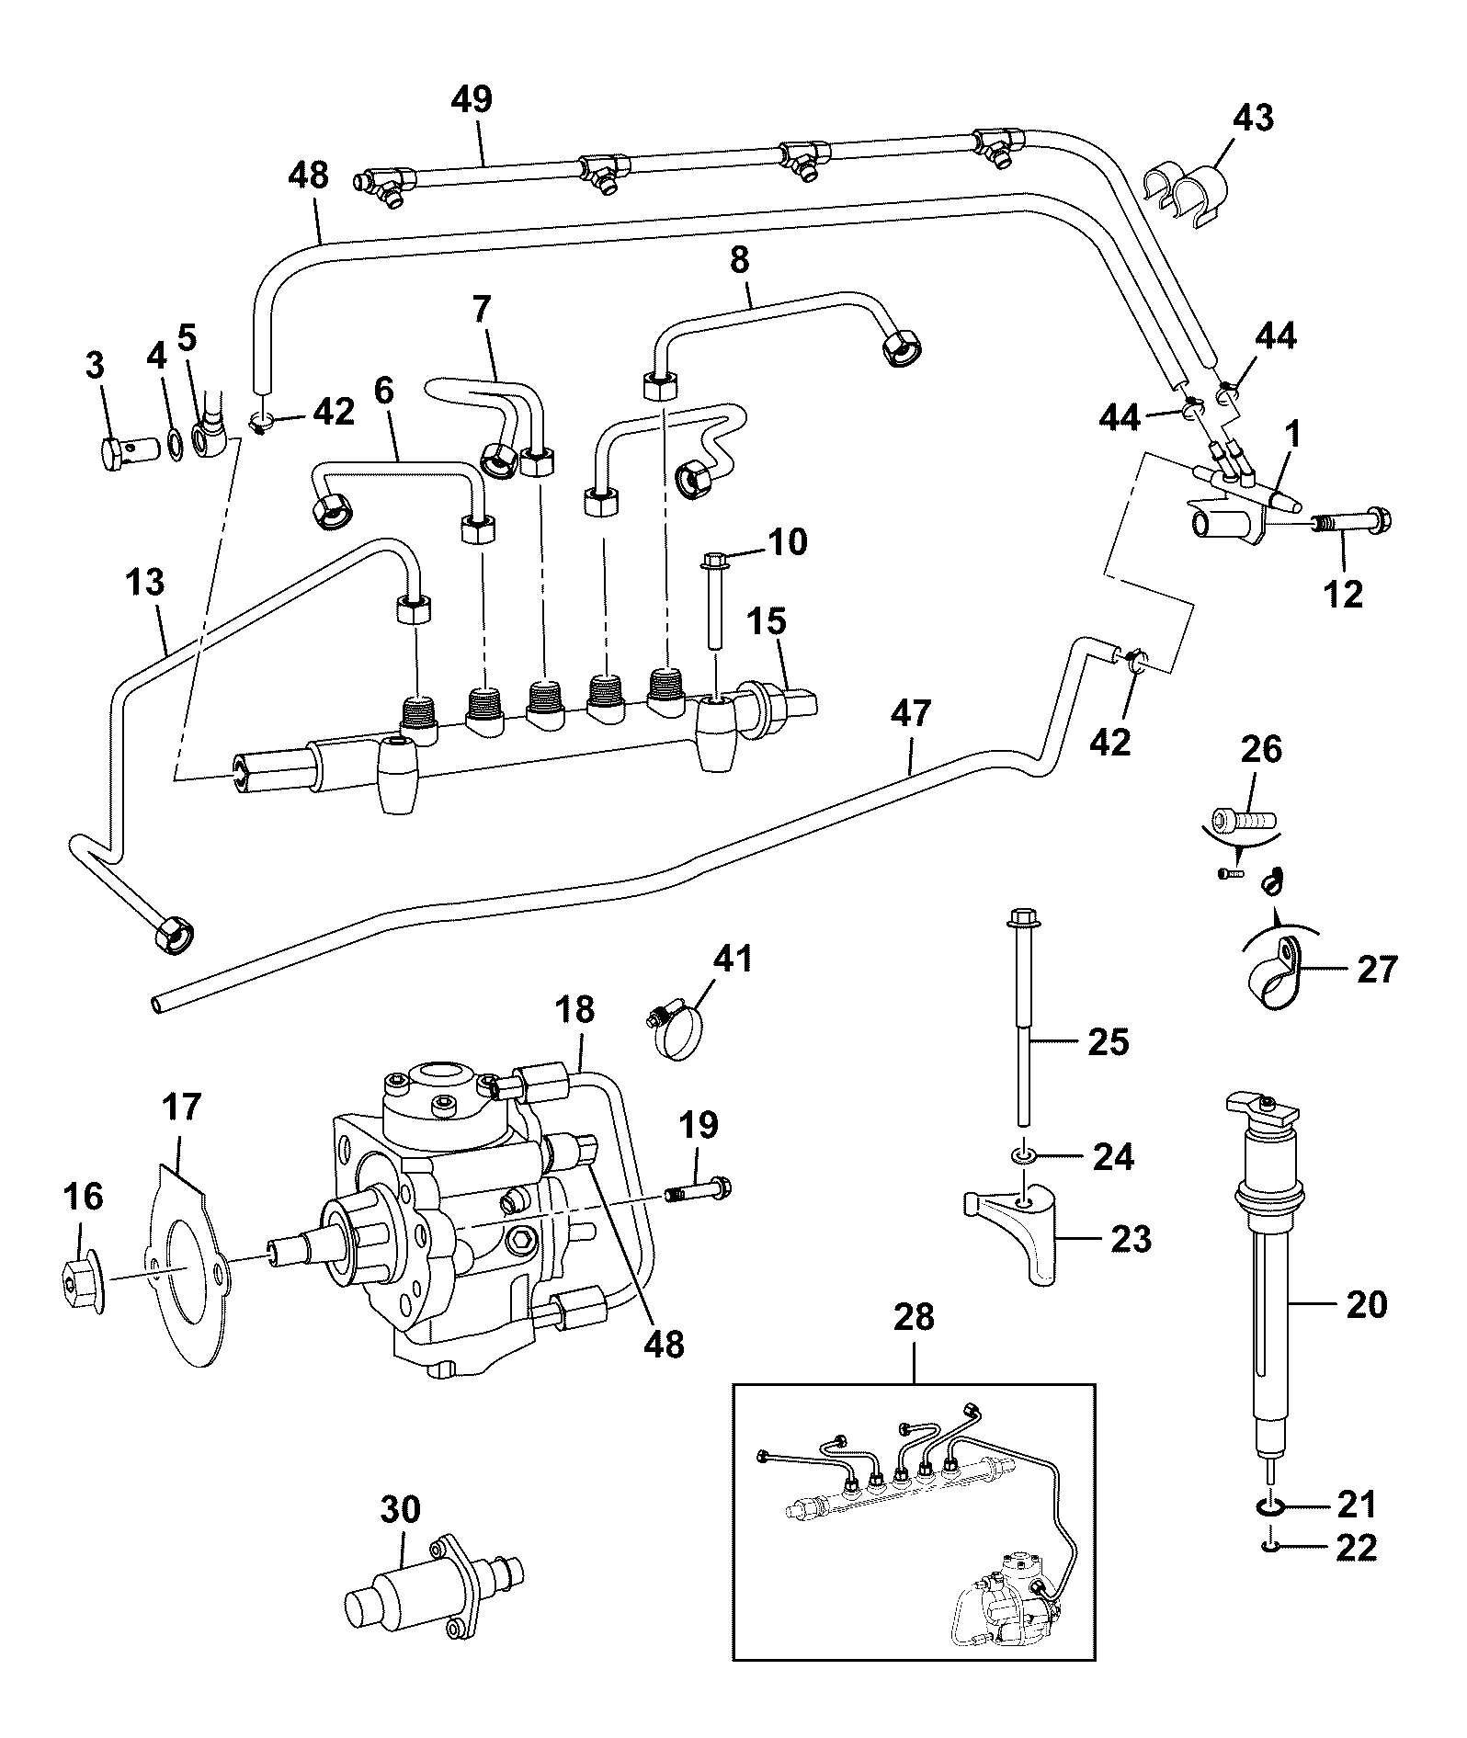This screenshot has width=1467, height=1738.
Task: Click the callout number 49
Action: [x=472, y=99]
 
